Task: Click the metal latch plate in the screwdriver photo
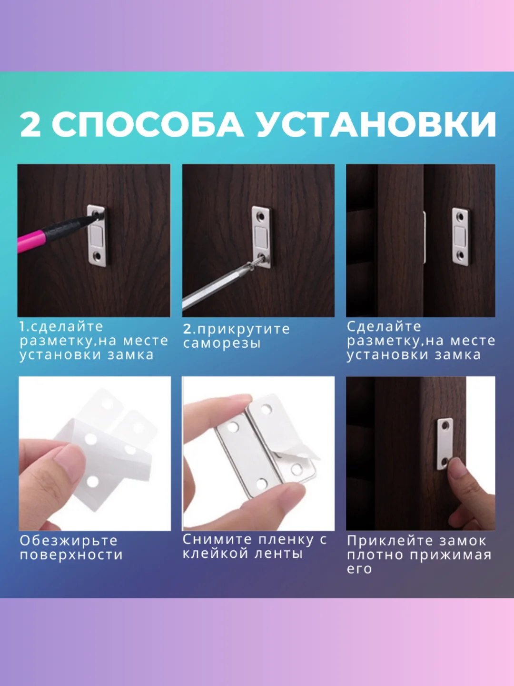261,236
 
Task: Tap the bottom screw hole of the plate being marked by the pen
98,257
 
